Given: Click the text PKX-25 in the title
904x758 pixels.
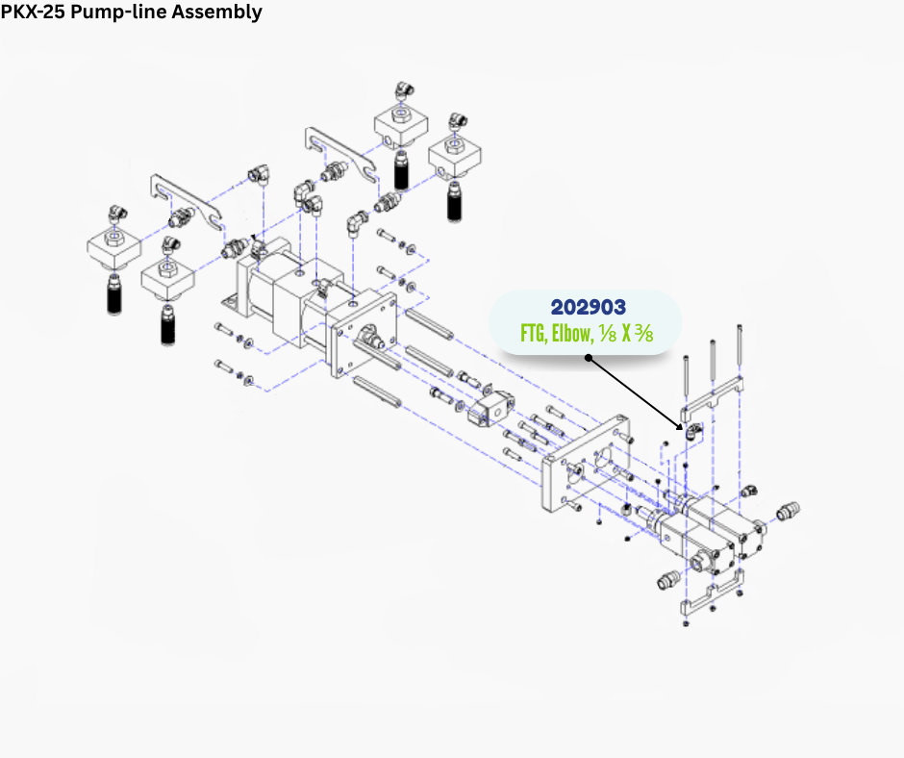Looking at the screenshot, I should click(32, 13).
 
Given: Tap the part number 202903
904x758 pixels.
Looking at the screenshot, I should click(588, 307).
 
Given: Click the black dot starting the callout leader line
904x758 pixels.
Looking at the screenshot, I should click(588, 358).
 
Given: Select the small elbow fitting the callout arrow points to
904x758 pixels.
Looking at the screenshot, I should click(691, 431).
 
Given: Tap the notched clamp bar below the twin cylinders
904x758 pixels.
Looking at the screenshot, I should click(713, 594).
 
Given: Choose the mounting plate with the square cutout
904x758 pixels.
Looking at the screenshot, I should click(587, 468).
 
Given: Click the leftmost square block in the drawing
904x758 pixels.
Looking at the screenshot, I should click(114, 248).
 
